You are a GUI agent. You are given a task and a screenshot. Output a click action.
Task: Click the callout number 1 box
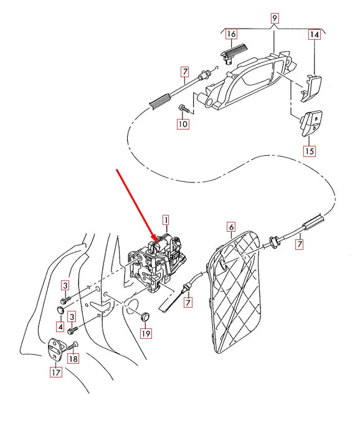(x=166, y=219)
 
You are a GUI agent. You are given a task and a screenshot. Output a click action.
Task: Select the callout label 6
(x=230, y=228)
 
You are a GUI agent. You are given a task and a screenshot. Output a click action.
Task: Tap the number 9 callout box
(x=274, y=19)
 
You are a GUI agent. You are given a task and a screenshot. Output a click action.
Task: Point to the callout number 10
(x=182, y=124)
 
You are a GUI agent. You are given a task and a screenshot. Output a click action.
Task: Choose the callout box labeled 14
(x=315, y=36)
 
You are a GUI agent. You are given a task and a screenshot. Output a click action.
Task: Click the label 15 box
(x=310, y=151)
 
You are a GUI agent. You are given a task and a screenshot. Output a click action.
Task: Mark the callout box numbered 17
(x=55, y=373)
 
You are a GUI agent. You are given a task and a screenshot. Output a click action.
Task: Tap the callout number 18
(x=73, y=359)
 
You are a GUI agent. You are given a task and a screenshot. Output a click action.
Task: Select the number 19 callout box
(x=146, y=334)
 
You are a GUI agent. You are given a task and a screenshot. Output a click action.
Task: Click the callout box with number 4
(x=60, y=326)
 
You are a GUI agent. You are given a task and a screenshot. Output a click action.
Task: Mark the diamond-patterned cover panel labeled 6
(x=240, y=293)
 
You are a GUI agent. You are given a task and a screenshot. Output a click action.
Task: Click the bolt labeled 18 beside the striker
(x=70, y=345)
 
